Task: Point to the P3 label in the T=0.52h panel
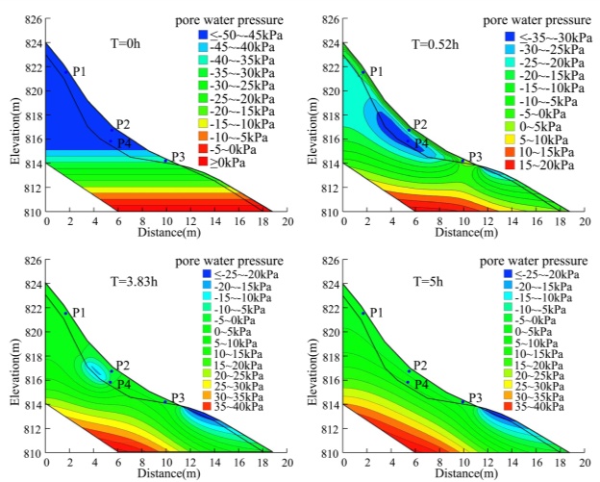pos(475,157)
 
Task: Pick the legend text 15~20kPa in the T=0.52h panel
pos(547,165)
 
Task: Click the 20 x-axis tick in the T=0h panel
pos(285,221)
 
